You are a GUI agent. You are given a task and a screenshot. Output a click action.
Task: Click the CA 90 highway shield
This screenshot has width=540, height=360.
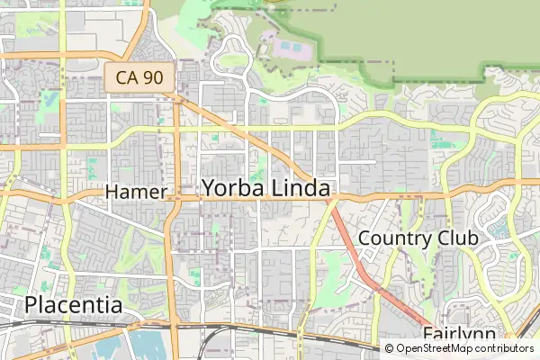[x=139, y=77]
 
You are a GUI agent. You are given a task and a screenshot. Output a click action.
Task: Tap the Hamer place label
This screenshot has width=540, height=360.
[x=136, y=192]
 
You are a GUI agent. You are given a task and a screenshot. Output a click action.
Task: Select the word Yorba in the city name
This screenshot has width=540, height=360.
[x=232, y=188]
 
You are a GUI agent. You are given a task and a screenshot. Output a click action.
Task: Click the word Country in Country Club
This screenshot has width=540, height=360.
[x=391, y=238]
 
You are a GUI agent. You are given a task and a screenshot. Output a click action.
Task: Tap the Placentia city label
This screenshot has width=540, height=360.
[x=74, y=305]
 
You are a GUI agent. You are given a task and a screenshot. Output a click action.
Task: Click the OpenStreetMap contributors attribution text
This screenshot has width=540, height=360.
[x=464, y=348]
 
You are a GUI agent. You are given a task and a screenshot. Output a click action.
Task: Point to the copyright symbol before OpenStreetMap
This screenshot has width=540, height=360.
[x=390, y=348]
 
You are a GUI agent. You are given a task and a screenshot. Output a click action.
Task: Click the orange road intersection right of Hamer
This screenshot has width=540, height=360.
[x=177, y=193]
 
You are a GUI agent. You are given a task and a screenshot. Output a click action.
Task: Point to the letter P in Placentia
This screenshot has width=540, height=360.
[x=32, y=305]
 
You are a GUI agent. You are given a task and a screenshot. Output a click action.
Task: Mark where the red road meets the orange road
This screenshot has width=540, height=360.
[x=328, y=195]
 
